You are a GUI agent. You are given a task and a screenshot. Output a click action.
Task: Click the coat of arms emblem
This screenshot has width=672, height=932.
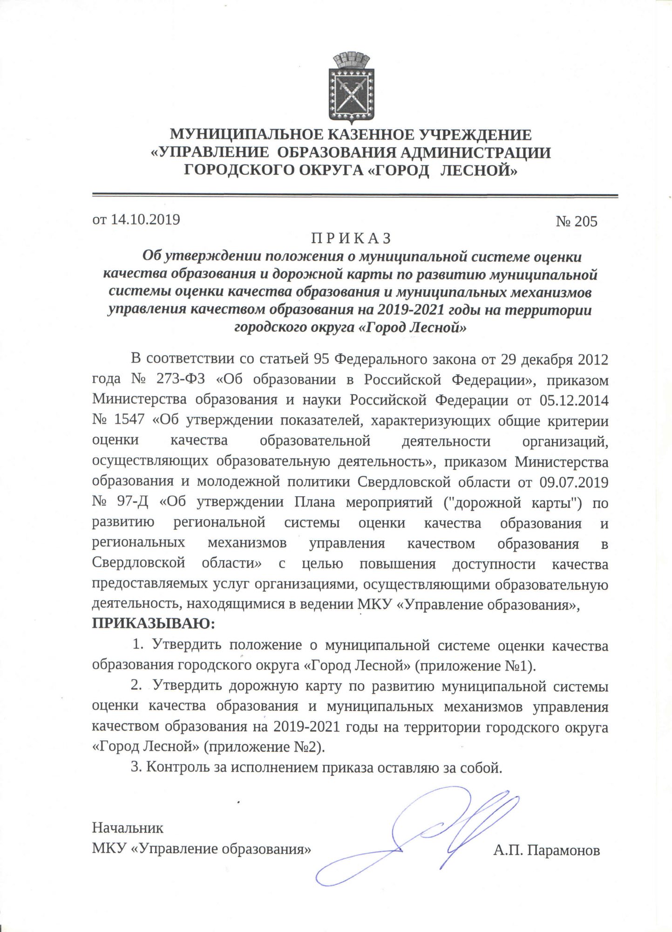tap(352, 89)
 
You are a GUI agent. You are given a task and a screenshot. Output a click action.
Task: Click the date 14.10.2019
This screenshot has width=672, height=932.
tap(145, 219)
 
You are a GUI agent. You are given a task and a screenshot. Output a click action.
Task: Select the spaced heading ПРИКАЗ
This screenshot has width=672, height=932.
tap(352, 238)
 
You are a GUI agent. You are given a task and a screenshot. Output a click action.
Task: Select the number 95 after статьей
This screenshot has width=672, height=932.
tap(323, 359)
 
